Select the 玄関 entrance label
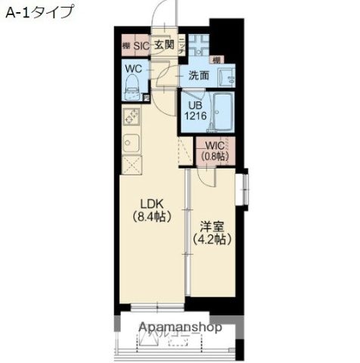coord(164,45)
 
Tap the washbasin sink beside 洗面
coord(225,76)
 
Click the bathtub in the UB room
coord(223,112)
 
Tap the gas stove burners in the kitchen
coord(132,117)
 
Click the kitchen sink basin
coord(132,141)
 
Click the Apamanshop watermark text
coord(179,329)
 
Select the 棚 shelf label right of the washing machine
coord(216,59)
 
